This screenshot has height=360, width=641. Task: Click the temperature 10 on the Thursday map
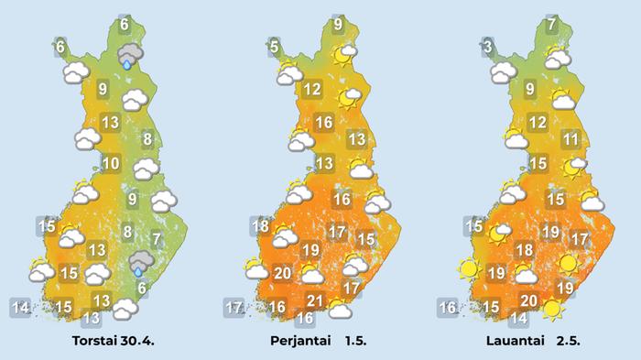pyautogui.click(x=111, y=164)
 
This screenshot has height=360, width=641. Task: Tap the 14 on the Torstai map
pyautogui.click(x=20, y=307)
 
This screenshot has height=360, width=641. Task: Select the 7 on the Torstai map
pyautogui.click(x=157, y=240)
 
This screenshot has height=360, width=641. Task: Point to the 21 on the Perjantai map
pyautogui.click(x=317, y=301)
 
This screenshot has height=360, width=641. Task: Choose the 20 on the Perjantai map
pyautogui.click(x=282, y=272)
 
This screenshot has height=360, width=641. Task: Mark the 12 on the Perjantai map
pyautogui.click(x=311, y=89)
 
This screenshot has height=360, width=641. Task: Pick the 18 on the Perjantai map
pyautogui.click(x=260, y=226)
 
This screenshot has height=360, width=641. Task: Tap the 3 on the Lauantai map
pyautogui.click(x=488, y=47)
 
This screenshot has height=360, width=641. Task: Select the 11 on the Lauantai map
pyautogui.click(x=570, y=140)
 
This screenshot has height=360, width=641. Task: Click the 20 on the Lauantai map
pyautogui.click(x=528, y=300)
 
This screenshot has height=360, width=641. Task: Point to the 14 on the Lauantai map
pyautogui.click(x=518, y=319)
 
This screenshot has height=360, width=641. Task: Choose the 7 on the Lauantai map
pyautogui.click(x=551, y=25)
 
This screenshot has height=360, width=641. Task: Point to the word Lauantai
pyautogui.click(x=517, y=343)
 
